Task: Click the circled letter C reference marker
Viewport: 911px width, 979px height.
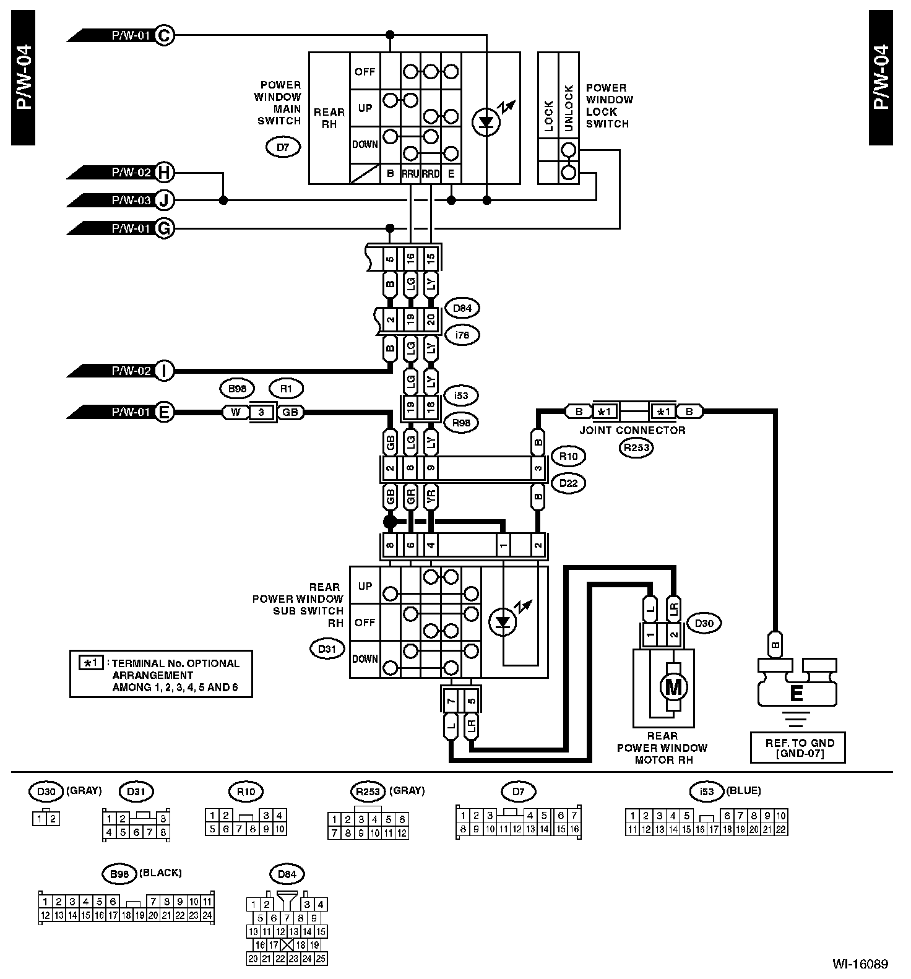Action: [x=164, y=35]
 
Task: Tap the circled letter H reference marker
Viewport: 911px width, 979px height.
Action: [x=164, y=172]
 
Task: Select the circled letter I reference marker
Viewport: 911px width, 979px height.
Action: [x=164, y=371]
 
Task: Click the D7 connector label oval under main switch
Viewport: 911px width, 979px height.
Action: [x=283, y=147]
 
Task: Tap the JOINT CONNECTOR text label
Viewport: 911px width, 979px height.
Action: [x=633, y=430]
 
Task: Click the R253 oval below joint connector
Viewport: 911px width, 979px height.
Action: [x=636, y=448]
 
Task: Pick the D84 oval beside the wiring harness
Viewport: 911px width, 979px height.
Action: [x=462, y=308]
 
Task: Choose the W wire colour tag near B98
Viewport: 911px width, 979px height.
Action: [x=235, y=412]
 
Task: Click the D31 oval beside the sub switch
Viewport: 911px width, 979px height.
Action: [x=327, y=649]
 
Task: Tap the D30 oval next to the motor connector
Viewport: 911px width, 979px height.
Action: [x=704, y=623]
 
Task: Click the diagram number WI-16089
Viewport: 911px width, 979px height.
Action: [x=860, y=964]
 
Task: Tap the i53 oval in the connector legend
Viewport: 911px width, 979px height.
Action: [x=707, y=791]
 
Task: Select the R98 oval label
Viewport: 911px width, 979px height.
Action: [x=462, y=423]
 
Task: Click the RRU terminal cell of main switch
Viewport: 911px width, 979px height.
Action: [x=410, y=174]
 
